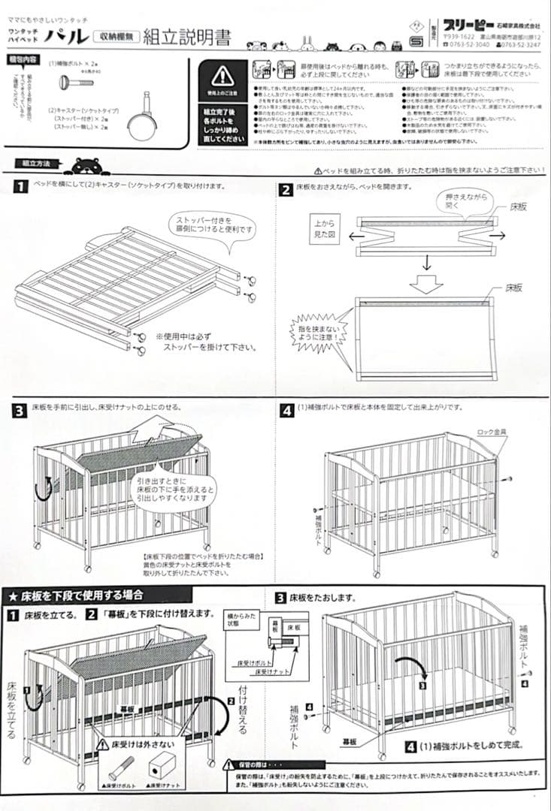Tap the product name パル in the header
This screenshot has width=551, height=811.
(67, 37)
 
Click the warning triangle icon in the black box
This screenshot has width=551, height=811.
(222, 75)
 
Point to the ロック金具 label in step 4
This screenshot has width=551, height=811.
(492, 433)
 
